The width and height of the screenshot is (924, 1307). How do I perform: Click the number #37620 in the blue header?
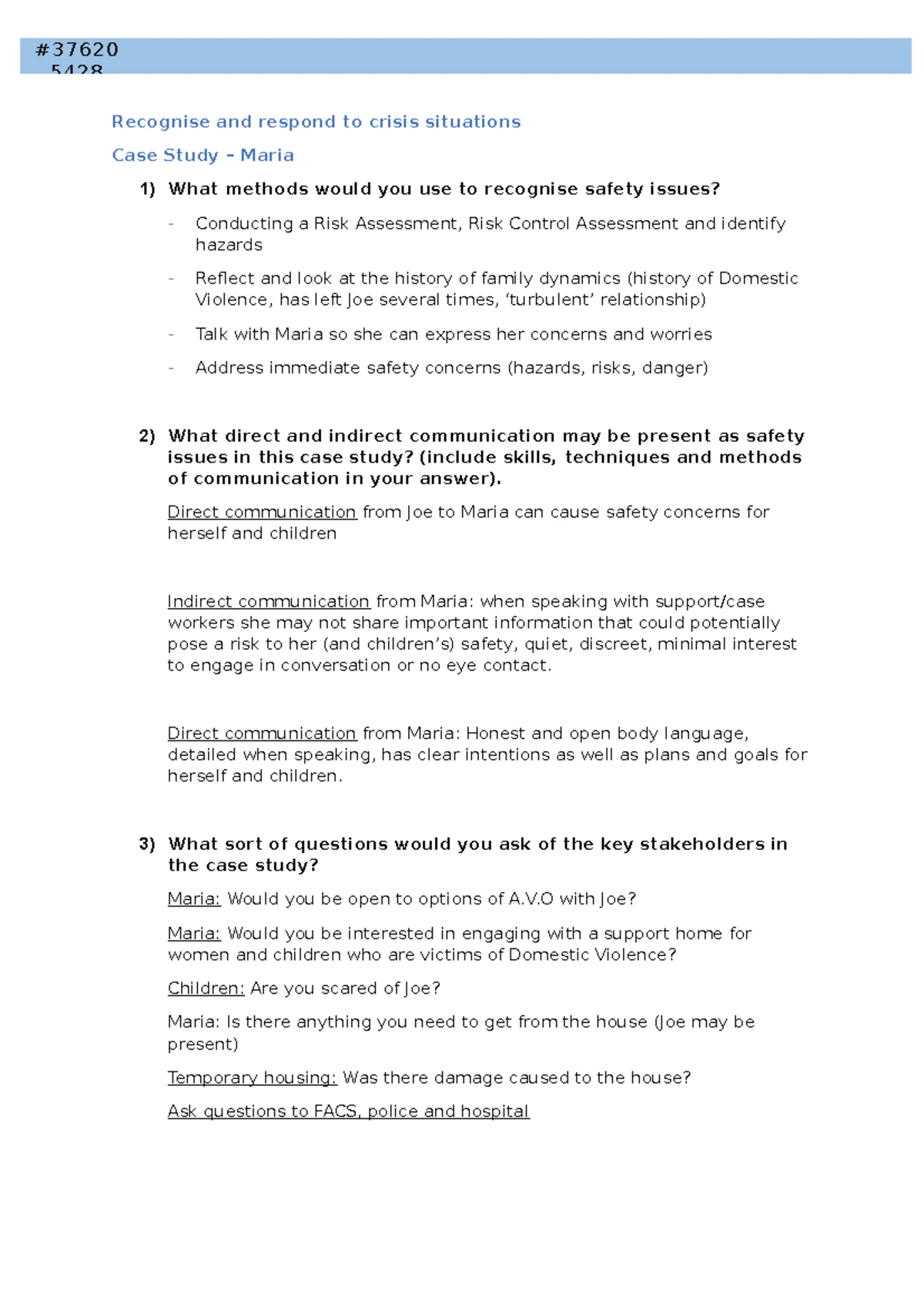coord(77,50)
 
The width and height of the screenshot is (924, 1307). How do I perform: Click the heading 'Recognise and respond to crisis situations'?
coord(316,122)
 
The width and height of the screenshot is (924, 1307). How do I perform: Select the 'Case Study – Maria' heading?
coord(203,155)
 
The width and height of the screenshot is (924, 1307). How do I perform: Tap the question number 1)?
coord(147,189)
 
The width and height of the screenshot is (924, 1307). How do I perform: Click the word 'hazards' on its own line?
coord(229,245)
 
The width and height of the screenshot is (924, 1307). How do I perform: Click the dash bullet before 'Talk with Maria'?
coord(171,334)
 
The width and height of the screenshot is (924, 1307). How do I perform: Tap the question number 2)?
coord(147,436)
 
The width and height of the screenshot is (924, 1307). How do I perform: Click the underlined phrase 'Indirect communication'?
coord(269,601)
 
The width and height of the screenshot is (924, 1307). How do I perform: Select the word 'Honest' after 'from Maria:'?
coord(495,734)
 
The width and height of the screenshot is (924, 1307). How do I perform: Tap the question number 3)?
coord(147,844)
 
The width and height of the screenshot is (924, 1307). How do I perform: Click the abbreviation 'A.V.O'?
coord(531,899)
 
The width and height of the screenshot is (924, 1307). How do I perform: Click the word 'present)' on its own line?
coord(203,1045)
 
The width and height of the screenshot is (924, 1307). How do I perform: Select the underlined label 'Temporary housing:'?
coord(252,1078)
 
